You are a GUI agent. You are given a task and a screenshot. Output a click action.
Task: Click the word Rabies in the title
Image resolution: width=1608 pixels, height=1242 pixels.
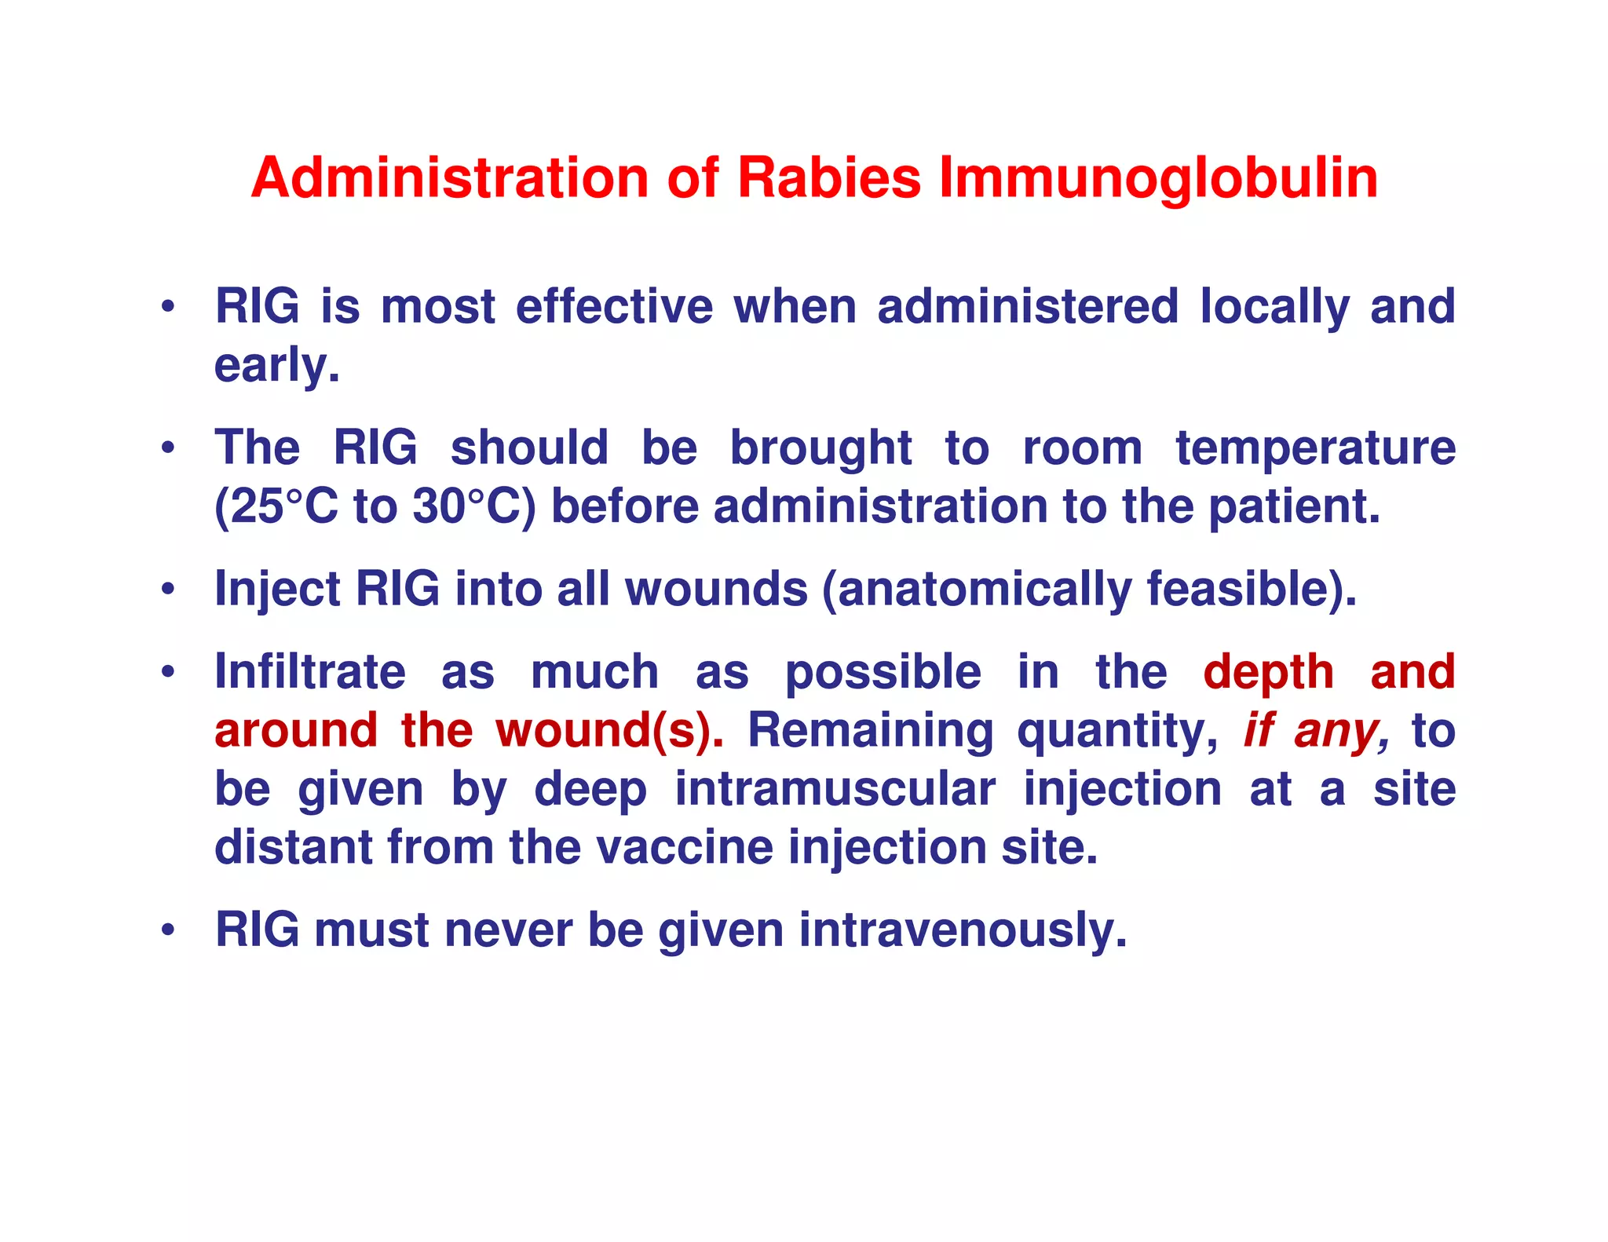click(x=828, y=178)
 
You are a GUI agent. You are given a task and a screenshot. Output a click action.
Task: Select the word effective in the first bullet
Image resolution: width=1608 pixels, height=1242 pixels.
click(x=614, y=306)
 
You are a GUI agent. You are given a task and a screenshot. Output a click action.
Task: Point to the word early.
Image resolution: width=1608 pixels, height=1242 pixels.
click(x=276, y=366)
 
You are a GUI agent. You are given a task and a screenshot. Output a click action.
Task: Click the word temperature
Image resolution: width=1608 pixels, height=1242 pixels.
click(x=1315, y=448)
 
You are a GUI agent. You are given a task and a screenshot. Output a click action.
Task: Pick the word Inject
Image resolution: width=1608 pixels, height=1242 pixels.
click(x=276, y=589)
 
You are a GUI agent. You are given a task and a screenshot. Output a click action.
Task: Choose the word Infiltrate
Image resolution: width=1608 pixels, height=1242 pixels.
click(x=310, y=672)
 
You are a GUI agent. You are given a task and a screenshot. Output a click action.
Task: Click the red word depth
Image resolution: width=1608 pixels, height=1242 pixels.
click(x=1268, y=672)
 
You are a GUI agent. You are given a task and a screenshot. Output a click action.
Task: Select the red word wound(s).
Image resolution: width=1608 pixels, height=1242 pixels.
click(x=609, y=730)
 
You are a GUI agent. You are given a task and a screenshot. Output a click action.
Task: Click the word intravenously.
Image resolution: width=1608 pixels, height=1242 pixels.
click(x=963, y=930)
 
